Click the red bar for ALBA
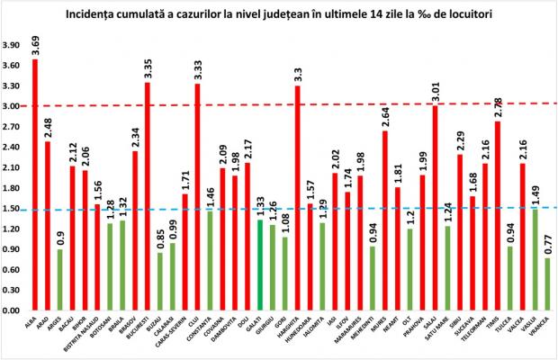pyautogui.click(x=35, y=184)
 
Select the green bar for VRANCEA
pyautogui.click(x=547, y=283)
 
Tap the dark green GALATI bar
pyautogui.click(x=260, y=265)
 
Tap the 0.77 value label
pyautogui.click(x=546, y=243)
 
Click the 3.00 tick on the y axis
pyautogui.click(x=13, y=106)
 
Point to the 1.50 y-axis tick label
pyautogui.click(x=13, y=209)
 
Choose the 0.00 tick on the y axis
pyautogui.click(x=13, y=310)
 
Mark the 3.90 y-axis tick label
pyautogui.click(x=13, y=45)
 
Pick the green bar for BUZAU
pyautogui.click(x=160, y=282)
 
